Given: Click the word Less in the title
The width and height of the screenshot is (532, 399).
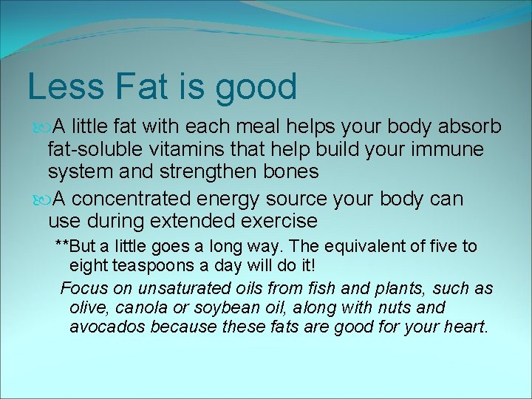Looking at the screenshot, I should (65, 86).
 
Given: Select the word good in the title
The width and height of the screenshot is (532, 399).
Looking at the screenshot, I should (256, 88).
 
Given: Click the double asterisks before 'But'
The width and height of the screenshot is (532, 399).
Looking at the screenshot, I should (62, 246).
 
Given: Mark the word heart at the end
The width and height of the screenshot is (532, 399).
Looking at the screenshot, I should (465, 326).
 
